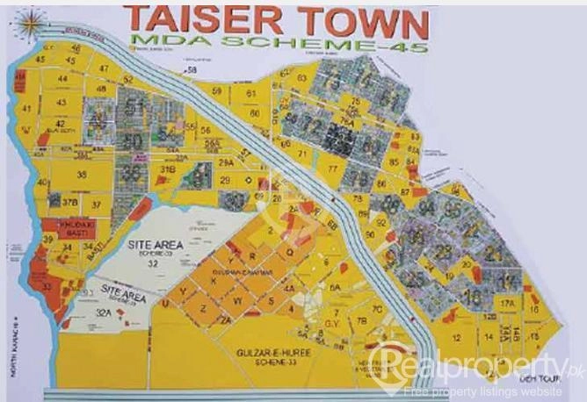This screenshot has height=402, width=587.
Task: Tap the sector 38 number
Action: [82, 176]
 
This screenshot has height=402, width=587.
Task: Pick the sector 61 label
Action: [251, 92]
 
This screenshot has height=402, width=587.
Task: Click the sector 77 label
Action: [332, 168]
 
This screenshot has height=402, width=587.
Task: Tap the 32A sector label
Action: [104, 312]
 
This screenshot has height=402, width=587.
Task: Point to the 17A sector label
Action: [507, 303]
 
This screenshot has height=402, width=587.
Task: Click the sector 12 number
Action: [456, 337]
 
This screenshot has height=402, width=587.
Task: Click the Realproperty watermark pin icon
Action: [382, 361]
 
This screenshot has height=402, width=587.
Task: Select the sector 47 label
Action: [104, 68]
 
